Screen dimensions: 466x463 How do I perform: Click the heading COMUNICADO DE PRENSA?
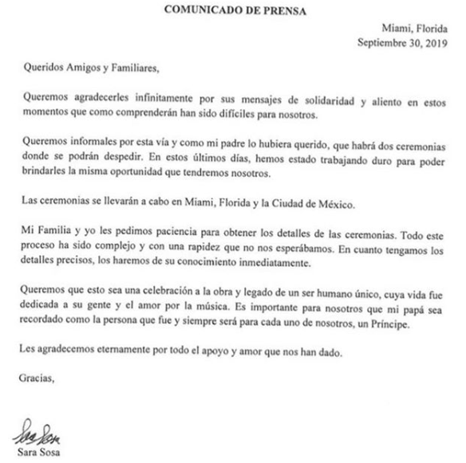(233, 10)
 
